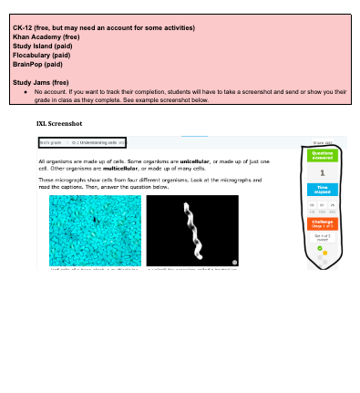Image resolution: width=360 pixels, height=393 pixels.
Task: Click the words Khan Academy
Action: point(36,36)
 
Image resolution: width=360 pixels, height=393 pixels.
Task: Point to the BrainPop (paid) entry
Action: point(38,64)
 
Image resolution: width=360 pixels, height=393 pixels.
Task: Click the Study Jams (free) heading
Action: point(41,82)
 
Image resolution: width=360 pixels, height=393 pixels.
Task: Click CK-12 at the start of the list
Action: point(22,28)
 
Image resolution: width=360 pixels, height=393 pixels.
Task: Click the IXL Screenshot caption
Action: point(60,121)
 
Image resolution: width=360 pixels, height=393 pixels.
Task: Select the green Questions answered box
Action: point(324,155)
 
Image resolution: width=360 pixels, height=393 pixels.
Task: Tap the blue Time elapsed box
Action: point(324,189)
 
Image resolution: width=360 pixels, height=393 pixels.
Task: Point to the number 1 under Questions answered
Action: point(324,171)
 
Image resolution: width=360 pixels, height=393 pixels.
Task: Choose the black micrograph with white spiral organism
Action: point(192,231)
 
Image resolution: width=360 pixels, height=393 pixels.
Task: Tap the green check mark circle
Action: point(320,247)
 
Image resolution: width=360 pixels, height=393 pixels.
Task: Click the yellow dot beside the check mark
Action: point(324,253)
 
